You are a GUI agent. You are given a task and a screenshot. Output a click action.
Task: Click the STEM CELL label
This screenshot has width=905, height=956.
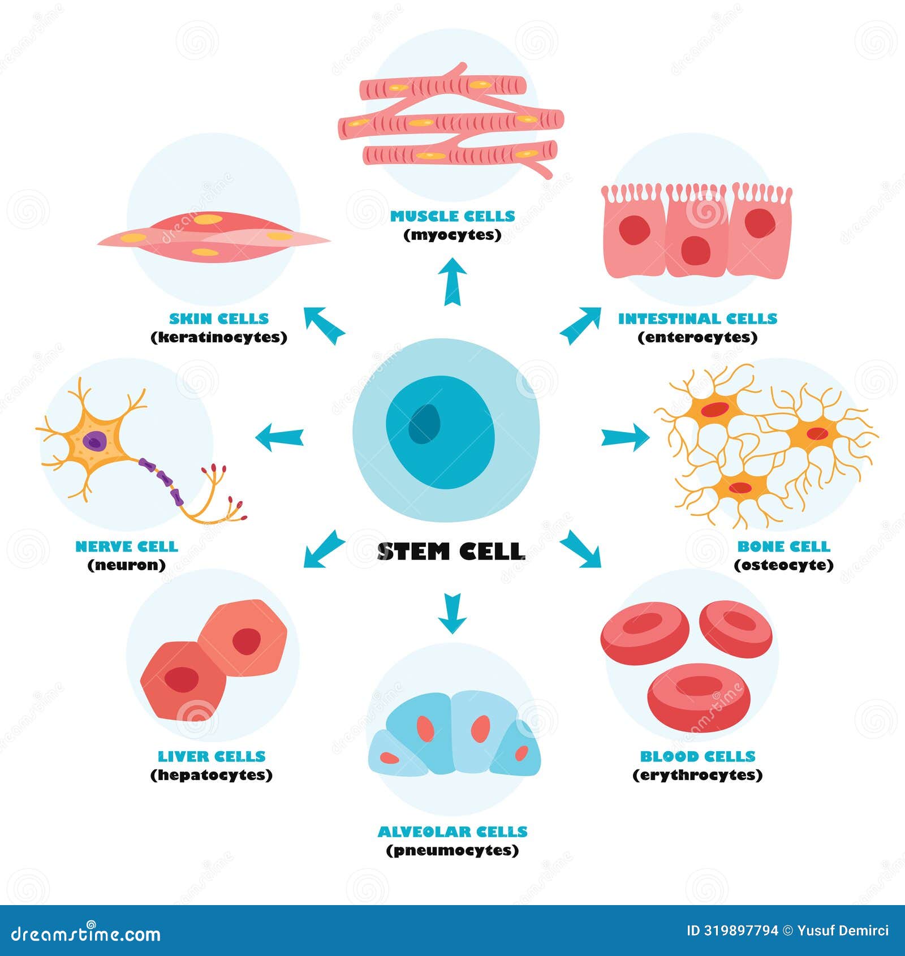pos(451,552)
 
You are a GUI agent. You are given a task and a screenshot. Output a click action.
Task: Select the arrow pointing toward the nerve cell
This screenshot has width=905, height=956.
pos(279,437)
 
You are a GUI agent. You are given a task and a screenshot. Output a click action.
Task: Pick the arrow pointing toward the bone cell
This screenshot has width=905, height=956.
pos(626,437)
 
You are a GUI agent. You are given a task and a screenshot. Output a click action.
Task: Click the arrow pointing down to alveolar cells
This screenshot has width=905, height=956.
pos(452,613)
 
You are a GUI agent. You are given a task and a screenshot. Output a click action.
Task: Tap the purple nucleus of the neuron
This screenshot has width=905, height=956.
pos(94,441)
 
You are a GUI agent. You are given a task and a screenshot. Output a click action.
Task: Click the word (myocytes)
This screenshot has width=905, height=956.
pos(453,235)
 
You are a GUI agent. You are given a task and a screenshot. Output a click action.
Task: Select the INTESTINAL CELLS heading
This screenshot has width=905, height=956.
pos(697,318)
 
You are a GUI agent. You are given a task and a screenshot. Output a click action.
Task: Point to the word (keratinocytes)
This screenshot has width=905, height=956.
pos(219,337)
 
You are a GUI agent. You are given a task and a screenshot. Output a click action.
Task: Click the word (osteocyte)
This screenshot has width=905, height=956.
pos(783,565)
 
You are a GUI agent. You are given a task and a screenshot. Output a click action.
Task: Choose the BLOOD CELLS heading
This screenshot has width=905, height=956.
pos(697,756)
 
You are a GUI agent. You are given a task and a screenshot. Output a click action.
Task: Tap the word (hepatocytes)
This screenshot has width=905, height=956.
pos(212,775)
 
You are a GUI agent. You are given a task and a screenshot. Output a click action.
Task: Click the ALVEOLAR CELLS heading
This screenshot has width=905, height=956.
pos(453,832)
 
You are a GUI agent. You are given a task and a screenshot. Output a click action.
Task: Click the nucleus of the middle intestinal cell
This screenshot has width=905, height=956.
pos(695,250)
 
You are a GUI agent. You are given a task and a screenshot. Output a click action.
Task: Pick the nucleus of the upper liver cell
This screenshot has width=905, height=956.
pos(247,641)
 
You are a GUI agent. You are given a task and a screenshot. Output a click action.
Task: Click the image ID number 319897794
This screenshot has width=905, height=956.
pos(741,931)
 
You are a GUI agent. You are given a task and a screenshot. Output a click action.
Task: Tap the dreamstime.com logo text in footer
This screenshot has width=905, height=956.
pos(86,933)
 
